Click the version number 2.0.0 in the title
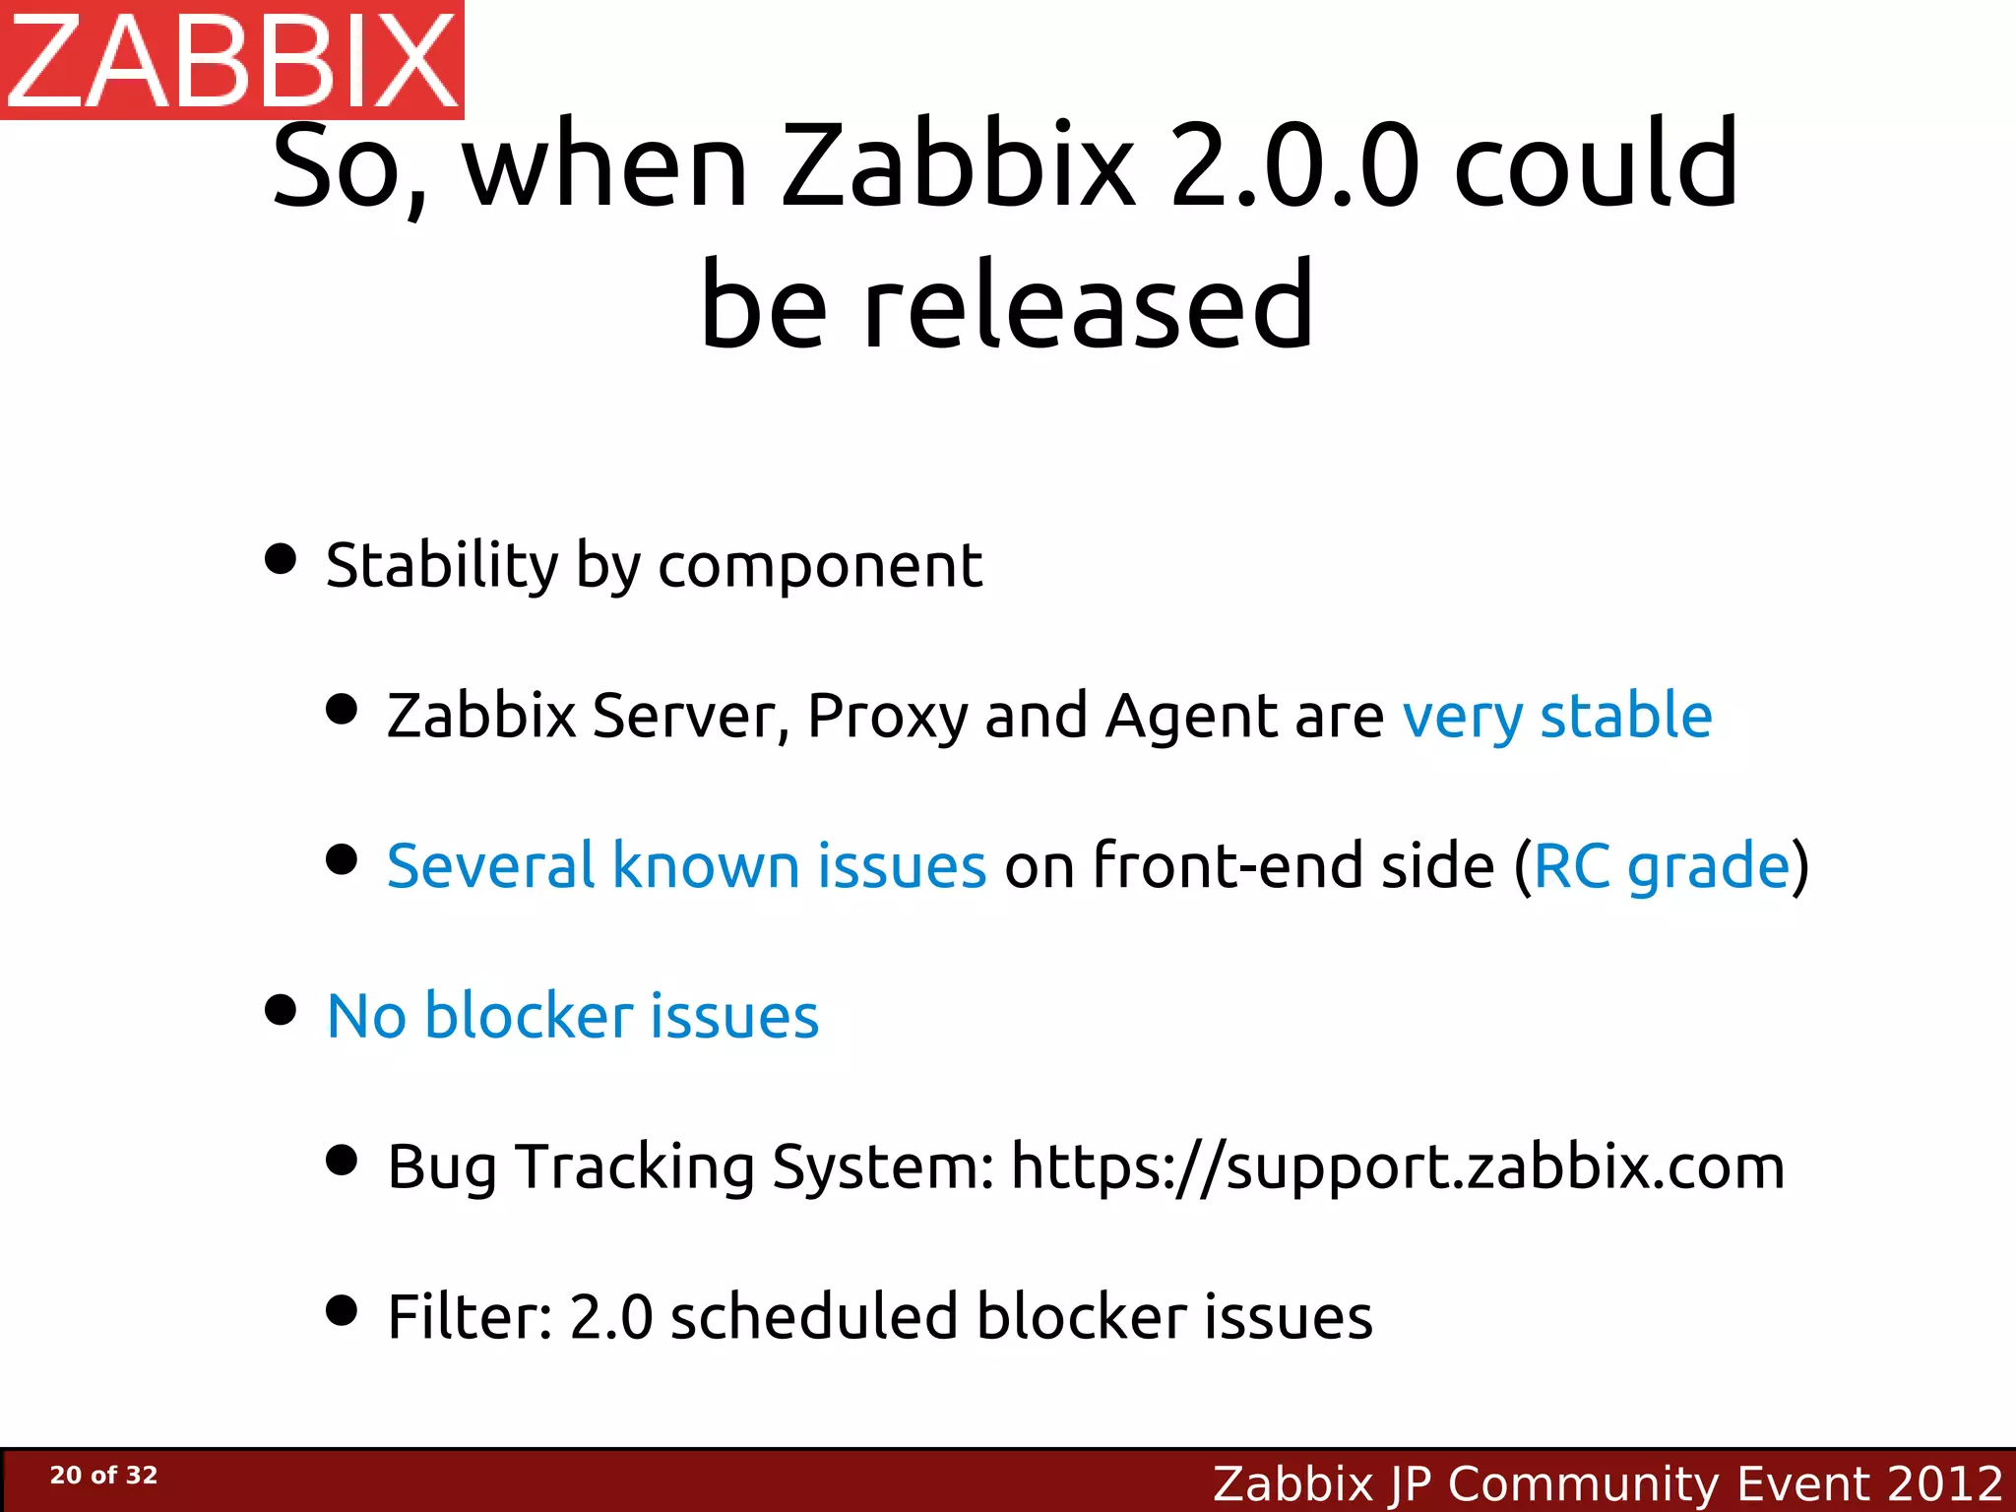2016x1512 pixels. (x=1295, y=164)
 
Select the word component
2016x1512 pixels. (x=819, y=568)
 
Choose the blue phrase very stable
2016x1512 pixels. (x=1556, y=717)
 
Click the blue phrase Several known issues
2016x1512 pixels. (x=686, y=866)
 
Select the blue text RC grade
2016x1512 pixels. (x=1662, y=866)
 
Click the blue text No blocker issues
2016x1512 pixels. (x=572, y=1016)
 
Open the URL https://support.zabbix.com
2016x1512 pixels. (x=1397, y=1167)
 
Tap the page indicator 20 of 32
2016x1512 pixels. (x=103, y=1476)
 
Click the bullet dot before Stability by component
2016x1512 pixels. (x=282, y=559)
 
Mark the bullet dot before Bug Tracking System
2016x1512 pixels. (x=342, y=1160)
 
